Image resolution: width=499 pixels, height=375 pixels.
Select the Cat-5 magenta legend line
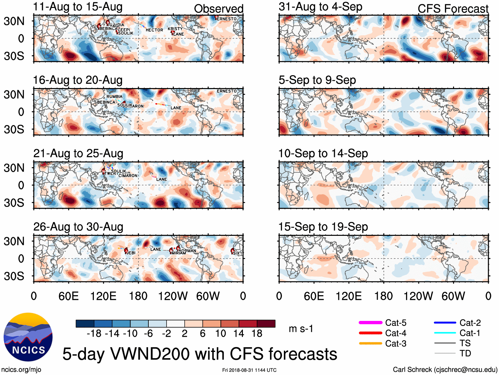click(370, 323)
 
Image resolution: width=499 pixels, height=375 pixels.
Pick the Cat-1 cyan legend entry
click(445, 333)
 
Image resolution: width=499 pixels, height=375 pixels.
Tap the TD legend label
click(465, 354)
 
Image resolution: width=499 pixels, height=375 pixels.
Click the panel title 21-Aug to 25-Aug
click(78, 154)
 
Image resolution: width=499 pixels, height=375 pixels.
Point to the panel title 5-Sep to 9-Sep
click(317, 80)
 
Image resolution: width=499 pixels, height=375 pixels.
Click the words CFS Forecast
click(453, 9)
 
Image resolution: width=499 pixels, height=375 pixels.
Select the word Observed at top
click(218, 9)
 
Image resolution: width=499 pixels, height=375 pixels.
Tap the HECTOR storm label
click(154, 30)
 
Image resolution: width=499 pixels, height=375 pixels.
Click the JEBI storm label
click(131, 253)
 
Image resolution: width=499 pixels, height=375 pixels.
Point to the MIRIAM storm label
click(179, 253)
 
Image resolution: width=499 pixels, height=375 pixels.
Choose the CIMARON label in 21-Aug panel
click(128, 175)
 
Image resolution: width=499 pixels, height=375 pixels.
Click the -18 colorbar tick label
click(94, 333)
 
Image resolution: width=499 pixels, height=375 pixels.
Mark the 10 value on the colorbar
click(221, 333)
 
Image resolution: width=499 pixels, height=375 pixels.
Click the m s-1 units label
click(301, 329)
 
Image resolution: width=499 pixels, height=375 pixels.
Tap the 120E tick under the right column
click(349, 296)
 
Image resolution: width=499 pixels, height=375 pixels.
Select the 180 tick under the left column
click(138, 296)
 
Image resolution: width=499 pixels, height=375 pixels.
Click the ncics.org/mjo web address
click(21, 370)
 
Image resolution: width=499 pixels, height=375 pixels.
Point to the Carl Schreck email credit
click(445, 370)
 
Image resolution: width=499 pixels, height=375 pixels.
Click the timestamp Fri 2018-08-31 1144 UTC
click(249, 370)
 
